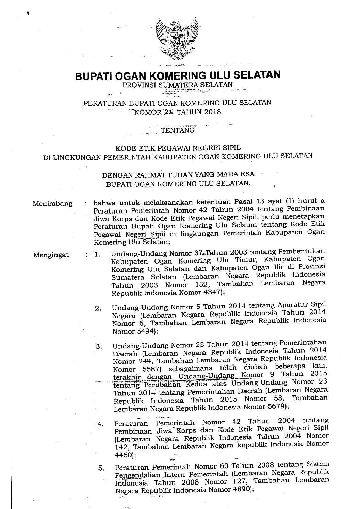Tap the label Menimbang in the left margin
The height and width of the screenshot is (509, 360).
(53, 204)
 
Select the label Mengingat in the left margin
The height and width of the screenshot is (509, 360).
(51, 255)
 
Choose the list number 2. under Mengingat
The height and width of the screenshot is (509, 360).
(99, 309)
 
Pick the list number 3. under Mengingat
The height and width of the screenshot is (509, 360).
(99, 347)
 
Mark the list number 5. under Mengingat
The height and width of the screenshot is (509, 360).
(101, 468)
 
